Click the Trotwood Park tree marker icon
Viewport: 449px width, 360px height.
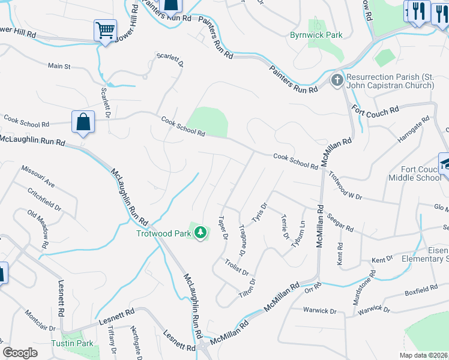click(200, 232)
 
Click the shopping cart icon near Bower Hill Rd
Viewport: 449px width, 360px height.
click(105, 30)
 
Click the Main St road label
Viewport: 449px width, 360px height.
click(59, 65)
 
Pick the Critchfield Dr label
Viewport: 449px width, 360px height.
click(44, 199)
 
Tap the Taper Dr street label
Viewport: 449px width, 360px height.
click(223, 227)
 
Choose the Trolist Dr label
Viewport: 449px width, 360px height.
click(237, 268)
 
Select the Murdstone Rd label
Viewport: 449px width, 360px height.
click(373, 281)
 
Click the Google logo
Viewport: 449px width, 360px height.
click(20, 353)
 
